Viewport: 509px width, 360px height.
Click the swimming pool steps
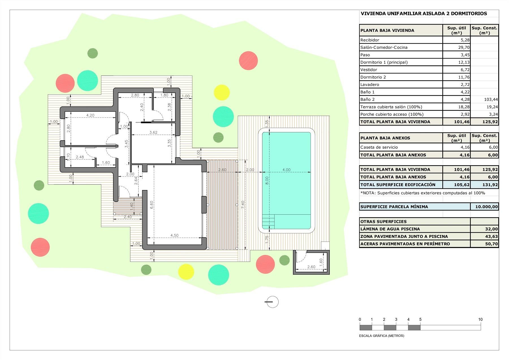(x=268, y=221)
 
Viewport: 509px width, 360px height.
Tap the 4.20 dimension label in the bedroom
(x=90, y=115)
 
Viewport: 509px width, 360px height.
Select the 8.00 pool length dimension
(x=267, y=180)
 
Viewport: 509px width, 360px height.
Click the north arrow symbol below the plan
(x=272, y=302)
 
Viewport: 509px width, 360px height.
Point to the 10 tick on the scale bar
(x=480, y=320)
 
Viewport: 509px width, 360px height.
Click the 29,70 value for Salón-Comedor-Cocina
(x=463, y=48)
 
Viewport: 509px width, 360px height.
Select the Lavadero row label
(x=369, y=85)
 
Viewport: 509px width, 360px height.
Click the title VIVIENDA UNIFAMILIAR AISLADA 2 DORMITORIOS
(x=424, y=14)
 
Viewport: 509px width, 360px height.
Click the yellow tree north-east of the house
(x=221, y=92)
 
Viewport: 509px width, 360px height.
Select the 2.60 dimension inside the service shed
(x=311, y=267)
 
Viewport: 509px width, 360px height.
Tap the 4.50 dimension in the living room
(x=174, y=235)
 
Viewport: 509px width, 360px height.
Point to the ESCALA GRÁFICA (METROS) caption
(x=381, y=336)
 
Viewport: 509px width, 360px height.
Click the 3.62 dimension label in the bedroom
(x=153, y=132)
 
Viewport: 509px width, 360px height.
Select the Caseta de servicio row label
(x=379, y=147)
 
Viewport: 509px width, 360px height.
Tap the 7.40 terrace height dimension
(x=243, y=204)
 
